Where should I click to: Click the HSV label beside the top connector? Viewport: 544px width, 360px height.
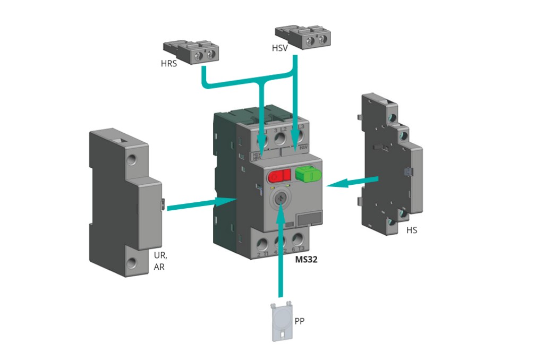(280, 48)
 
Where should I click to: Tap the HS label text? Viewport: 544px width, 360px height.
(411, 230)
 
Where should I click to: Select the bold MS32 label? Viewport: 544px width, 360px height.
(306, 261)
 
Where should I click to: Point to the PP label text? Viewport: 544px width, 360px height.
(300, 321)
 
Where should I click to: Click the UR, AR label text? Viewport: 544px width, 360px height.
(159, 261)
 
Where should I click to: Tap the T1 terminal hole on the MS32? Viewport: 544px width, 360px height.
(262, 245)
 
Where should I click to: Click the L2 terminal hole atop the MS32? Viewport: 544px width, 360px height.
(279, 139)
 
